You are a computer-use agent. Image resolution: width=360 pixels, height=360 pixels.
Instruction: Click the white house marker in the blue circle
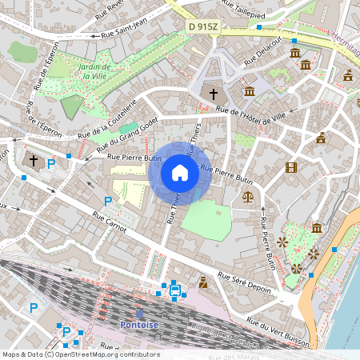click(180, 172)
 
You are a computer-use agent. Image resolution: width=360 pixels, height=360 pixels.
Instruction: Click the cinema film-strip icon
click(290, 168)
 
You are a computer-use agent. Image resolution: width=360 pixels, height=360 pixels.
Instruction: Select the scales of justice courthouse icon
click(247, 196)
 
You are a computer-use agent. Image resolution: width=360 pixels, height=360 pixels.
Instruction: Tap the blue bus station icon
click(174, 290)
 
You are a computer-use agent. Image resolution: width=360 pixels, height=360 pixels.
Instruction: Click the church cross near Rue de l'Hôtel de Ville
click(214, 94)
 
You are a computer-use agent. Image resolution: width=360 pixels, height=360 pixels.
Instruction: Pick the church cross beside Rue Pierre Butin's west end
click(34, 161)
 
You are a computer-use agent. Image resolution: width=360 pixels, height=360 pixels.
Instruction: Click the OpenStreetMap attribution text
click(81, 354)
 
